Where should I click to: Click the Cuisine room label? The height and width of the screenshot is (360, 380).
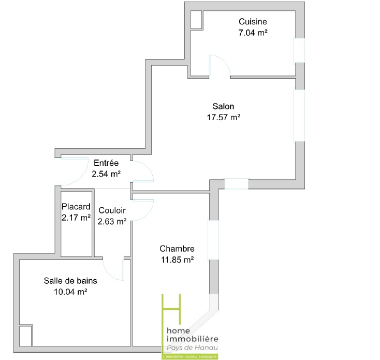[253, 22]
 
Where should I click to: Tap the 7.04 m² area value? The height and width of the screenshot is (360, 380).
[253, 33]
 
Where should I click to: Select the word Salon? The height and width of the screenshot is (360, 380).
[223, 106]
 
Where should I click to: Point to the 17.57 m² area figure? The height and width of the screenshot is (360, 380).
[224, 118]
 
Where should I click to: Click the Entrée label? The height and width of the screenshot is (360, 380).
[106, 163]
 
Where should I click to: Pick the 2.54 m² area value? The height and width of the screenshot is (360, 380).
[106, 174]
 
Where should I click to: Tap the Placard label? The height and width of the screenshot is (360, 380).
[76, 207]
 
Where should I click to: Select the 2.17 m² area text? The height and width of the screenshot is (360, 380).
[76, 218]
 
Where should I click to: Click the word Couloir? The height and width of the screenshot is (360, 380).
[112, 210]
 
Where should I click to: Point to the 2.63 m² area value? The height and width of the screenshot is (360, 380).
[112, 221]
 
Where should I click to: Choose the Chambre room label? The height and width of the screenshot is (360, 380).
[177, 249]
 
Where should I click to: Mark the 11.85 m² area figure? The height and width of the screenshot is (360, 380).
[177, 260]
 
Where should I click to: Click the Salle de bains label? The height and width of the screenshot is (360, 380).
[70, 280]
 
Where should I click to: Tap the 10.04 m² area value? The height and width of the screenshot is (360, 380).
[70, 292]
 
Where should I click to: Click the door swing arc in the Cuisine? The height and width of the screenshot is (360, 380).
[224, 61]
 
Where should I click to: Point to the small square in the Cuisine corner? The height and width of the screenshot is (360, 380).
[196, 20]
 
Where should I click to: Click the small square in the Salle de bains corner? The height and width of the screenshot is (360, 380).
[25, 336]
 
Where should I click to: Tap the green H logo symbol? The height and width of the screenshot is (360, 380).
[171, 309]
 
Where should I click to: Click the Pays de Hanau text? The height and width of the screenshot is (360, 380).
[192, 348]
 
